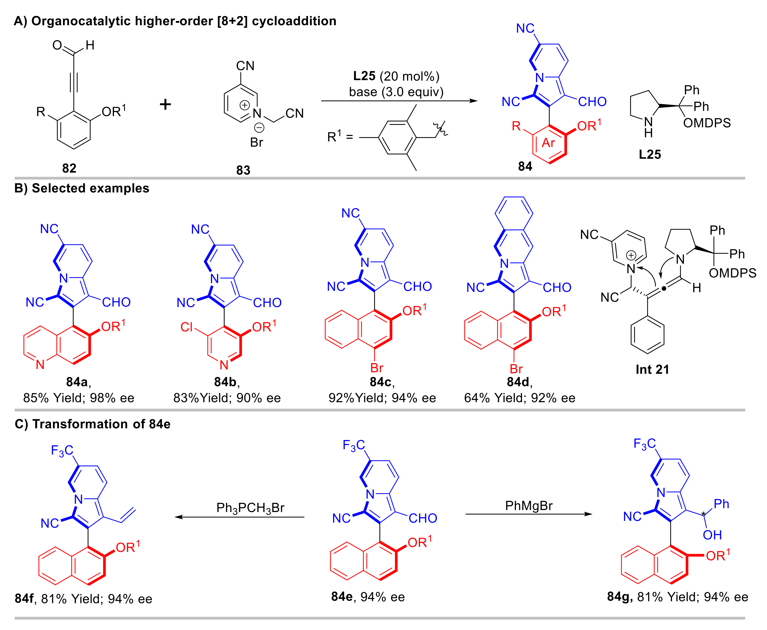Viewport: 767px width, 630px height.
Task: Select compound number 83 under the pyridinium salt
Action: (243, 170)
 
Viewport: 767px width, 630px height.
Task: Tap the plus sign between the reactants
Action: (165, 104)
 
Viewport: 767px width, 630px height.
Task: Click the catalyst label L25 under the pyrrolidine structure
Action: (650, 154)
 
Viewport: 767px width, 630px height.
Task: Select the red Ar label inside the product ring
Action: (548, 143)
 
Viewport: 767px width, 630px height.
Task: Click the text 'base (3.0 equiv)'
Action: (396, 92)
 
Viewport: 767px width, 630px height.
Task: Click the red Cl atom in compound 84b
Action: (187, 327)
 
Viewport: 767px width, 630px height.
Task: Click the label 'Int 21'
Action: (652, 369)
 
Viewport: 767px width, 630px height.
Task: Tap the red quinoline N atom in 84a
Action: (40, 364)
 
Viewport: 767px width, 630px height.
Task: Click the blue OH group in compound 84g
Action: (712, 535)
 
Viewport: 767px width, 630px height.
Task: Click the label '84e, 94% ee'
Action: (368, 597)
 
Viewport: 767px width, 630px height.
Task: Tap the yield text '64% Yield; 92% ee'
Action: (520, 398)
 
